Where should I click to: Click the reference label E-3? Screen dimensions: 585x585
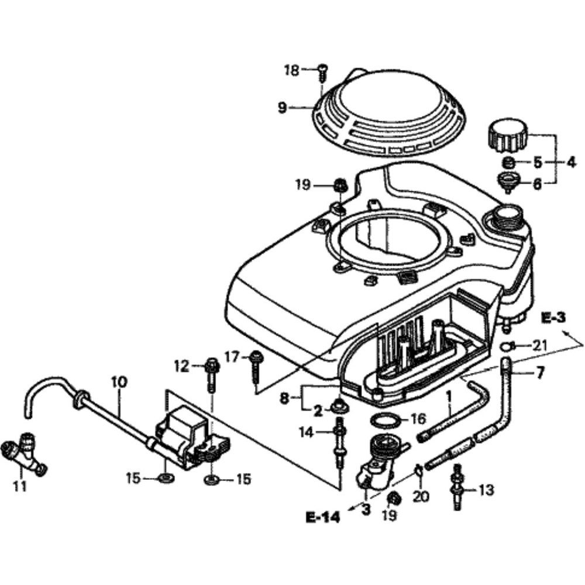553,318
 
